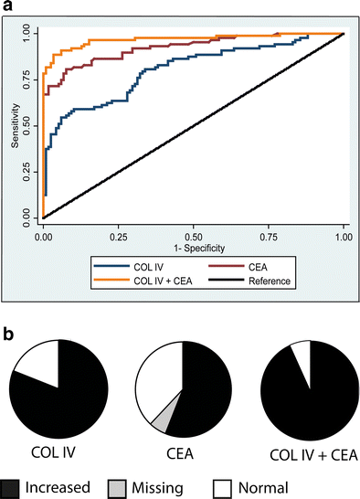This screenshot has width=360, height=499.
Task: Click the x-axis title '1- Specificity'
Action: tap(193, 246)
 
